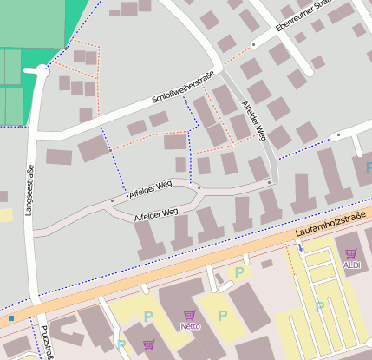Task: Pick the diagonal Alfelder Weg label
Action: [253, 121]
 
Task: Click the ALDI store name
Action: [351, 265]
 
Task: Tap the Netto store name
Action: [190, 326]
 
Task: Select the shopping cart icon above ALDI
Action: [351, 253]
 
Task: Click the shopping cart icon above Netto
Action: [189, 316]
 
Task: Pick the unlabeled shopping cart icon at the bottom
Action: [148, 344]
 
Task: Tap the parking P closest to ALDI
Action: [320, 306]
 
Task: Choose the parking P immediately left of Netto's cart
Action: [147, 316]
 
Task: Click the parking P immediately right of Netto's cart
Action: [223, 315]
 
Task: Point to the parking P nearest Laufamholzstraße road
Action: [238, 272]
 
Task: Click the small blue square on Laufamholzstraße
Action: [11, 318]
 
